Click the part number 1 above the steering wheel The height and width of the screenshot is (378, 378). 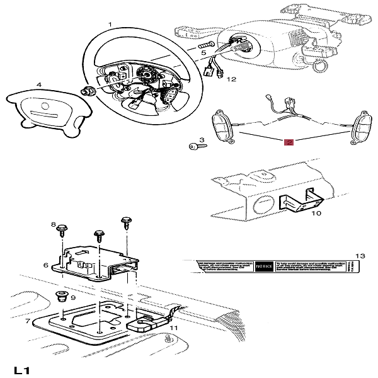110,25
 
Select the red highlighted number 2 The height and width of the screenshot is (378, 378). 289,142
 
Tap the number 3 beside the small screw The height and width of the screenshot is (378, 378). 202,140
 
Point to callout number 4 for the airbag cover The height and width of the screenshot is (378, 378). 38,84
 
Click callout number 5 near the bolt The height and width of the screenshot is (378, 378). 203,54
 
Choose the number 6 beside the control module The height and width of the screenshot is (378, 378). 46,265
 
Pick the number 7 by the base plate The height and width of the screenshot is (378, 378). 28,322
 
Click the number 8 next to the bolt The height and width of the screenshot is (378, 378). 54,225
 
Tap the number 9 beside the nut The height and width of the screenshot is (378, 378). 73,297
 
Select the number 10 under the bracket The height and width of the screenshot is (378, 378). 316,214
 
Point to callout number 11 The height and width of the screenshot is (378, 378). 174,328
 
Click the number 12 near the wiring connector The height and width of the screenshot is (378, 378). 231,80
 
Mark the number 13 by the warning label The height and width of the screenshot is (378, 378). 360,256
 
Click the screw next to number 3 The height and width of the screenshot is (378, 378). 195,146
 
